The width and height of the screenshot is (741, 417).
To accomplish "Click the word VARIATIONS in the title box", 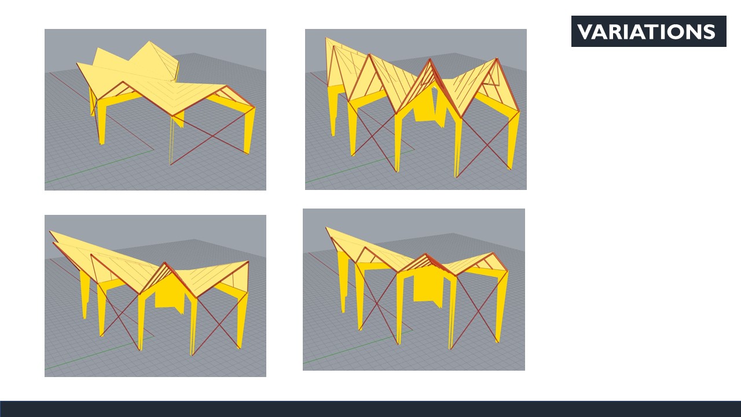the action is coord(647,31).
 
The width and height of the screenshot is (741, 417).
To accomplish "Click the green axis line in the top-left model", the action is coord(99,166).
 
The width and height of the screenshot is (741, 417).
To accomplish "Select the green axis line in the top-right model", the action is coord(360,166).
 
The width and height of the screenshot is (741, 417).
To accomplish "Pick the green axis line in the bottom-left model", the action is coord(99,353).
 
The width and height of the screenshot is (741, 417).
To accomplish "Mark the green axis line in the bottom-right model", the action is coord(358,346).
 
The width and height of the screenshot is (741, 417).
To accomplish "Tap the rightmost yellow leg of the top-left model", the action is coord(250,130).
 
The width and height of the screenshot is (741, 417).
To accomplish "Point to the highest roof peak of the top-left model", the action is coord(149,41).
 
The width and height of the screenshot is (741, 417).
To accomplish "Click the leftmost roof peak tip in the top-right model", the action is coord(326,38).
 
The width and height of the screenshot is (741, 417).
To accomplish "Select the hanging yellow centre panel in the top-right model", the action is coord(429,107).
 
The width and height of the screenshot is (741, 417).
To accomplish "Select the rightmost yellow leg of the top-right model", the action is coord(513,141).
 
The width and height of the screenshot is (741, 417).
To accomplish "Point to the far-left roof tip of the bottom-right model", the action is coord(326,228).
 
